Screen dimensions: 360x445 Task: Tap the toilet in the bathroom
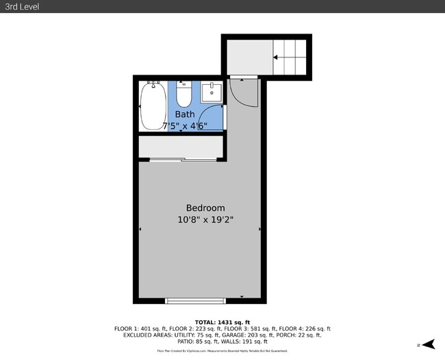(x=183, y=94)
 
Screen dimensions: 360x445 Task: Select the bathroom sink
(x=212, y=92)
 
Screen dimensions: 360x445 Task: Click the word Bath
(x=184, y=114)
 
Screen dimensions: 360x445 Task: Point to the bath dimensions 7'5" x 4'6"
(x=185, y=125)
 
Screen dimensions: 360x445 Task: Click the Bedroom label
(x=205, y=208)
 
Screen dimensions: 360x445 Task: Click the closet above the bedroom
(x=181, y=146)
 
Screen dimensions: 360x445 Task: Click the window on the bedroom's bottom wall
(x=195, y=300)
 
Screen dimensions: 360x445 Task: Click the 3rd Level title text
(x=21, y=6)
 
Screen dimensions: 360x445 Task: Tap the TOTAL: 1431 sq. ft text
(x=222, y=322)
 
